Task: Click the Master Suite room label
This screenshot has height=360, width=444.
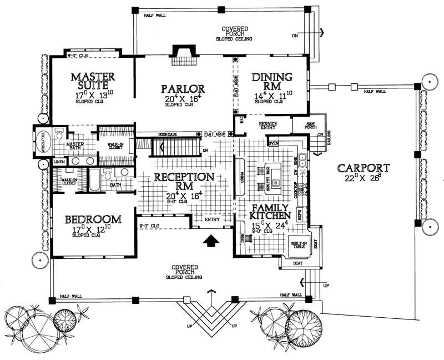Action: point(93,81)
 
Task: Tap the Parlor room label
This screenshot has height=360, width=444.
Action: point(183,88)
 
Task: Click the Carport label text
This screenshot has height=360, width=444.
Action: point(358,167)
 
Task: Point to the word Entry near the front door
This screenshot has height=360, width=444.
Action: point(212,219)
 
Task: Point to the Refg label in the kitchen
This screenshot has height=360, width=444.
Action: point(300,214)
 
